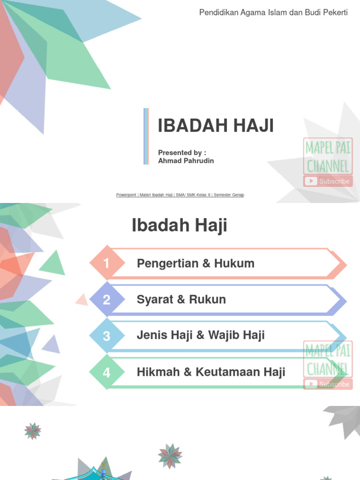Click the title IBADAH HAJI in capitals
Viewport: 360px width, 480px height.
(216, 126)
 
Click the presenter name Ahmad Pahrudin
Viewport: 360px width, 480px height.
(186, 161)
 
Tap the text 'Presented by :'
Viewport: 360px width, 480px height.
(182, 152)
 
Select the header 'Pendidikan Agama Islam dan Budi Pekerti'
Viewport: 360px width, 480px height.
(273, 12)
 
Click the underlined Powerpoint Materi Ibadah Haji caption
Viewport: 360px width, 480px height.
(180, 195)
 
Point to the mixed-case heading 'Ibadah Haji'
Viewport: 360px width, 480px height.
(180, 225)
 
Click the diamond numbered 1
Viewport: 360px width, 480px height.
(107, 263)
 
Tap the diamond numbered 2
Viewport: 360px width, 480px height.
(107, 300)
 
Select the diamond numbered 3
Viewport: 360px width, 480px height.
(107, 336)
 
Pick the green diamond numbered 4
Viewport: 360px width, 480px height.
(107, 373)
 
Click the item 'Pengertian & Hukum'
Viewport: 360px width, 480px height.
(195, 263)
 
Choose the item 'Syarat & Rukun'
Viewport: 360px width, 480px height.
(181, 300)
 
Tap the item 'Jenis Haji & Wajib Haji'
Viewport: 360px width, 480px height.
(201, 335)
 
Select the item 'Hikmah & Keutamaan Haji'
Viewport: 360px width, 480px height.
(211, 372)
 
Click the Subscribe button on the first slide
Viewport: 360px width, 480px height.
(328, 181)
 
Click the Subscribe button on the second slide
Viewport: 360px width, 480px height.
(328, 384)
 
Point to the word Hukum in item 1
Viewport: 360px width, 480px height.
(234, 263)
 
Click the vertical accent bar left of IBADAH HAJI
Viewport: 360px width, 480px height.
(146, 136)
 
